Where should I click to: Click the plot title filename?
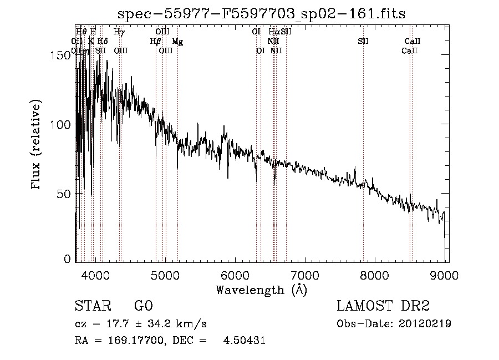[x=262, y=14]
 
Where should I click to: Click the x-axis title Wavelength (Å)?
[x=261, y=290]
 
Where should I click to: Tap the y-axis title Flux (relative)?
[x=37, y=145]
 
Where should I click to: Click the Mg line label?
[x=177, y=42]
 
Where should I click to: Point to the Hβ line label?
[x=155, y=41]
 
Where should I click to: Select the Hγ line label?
[x=119, y=32]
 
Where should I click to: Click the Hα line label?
[x=274, y=32]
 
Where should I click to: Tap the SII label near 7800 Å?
[x=363, y=41]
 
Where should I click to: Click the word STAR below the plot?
[x=93, y=306]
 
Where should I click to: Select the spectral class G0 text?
[x=143, y=306]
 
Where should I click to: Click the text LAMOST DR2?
[x=383, y=306]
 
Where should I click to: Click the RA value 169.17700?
[x=138, y=341]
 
